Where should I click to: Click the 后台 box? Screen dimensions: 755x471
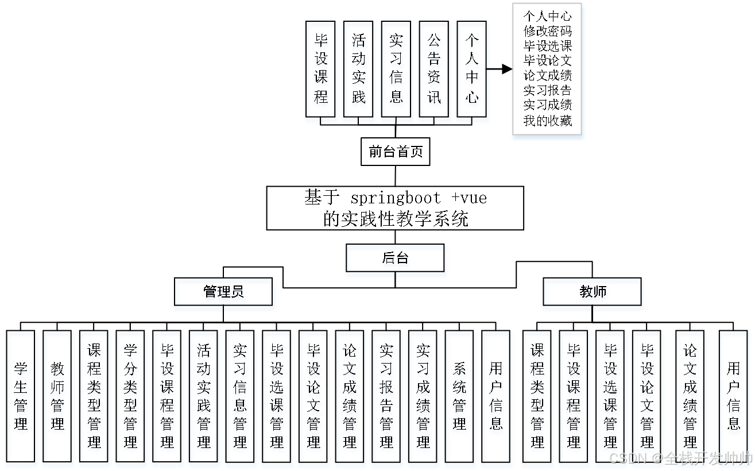[x=396, y=260]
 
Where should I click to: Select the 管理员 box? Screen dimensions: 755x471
[x=224, y=294]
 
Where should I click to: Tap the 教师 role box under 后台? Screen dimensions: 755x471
[x=593, y=294]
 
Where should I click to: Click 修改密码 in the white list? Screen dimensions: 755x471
[x=548, y=31]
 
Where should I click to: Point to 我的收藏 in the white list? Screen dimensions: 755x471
[x=548, y=121]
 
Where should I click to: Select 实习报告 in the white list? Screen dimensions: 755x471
[x=548, y=91]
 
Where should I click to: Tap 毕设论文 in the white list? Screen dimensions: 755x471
[x=548, y=61]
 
